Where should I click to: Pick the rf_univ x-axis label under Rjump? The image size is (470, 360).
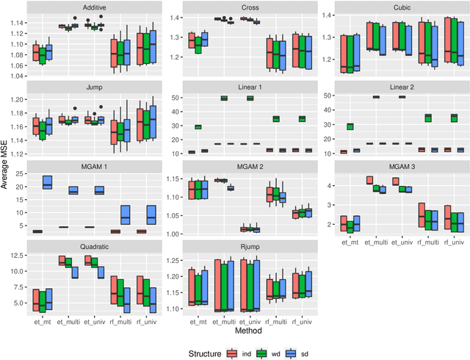301,320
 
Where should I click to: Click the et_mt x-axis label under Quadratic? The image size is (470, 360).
40,320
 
